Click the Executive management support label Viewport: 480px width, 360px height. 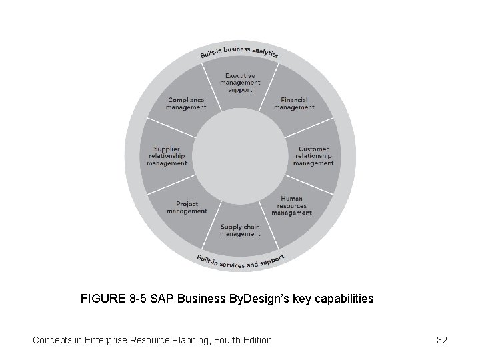[240, 83]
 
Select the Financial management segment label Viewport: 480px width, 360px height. [294, 103]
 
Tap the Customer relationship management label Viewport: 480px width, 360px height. [313, 156]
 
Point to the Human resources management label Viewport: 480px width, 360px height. [291, 205]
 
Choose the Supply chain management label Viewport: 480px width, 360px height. [240, 230]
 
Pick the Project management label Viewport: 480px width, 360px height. [187, 208]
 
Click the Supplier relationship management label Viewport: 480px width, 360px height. [167, 156]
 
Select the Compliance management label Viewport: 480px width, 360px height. [186, 103]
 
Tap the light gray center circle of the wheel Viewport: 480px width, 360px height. [240, 155]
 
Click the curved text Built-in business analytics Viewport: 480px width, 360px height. [240, 51]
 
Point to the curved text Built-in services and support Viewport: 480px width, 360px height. [240, 262]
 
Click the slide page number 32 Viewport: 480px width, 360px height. [441, 340]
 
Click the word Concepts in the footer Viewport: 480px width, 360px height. [53, 340]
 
